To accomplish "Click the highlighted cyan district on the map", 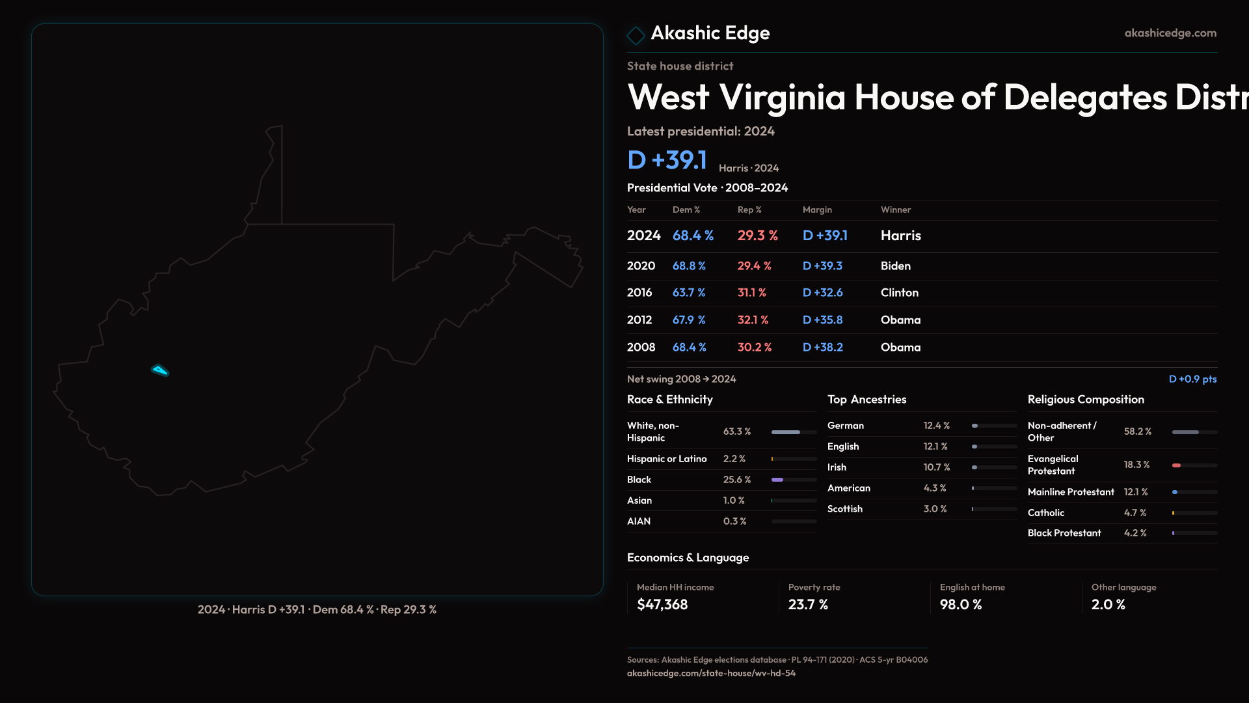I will pyautogui.click(x=160, y=370).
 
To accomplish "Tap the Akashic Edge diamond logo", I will pyautogui.click(x=636, y=35).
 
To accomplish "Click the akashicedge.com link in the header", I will pyautogui.click(x=1170, y=33).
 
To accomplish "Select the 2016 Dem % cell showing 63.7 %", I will pyautogui.click(x=688, y=293).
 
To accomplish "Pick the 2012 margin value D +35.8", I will pyautogui.click(x=822, y=320).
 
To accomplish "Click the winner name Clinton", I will pyautogui.click(x=899, y=293).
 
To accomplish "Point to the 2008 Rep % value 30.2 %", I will pyautogui.click(x=754, y=348).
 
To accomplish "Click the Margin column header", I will pyautogui.click(x=816, y=210).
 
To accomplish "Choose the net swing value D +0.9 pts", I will pyautogui.click(x=1192, y=379).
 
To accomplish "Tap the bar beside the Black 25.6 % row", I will pyautogui.click(x=794, y=480).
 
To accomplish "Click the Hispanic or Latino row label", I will pyautogui.click(x=666, y=459).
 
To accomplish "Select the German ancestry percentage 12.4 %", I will pyautogui.click(x=936, y=426).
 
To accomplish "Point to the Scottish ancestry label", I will pyautogui.click(x=844, y=509).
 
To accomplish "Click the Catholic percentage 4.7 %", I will pyautogui.click(x=1135, y=513).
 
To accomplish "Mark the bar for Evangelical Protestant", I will pyautogui.click(x=1194, y=465).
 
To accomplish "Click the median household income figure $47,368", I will pyautogui.click(x=662, y=605).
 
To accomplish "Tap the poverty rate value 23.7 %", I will pyautogui.click(x=807, y=605).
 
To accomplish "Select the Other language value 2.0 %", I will pyautogui.click(x=1108, y=605).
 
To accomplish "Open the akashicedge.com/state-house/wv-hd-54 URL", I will pyautogui.click(x=710, y=673).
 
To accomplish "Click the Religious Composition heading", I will pyautogui.click(x=1085, y=400).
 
